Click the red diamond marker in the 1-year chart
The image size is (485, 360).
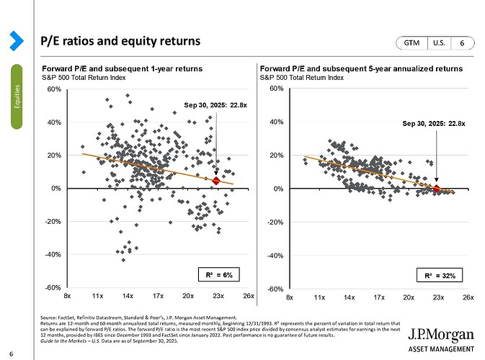coord(216,181)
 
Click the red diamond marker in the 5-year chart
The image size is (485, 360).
coord(435,189)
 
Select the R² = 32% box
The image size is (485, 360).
coord(438,275)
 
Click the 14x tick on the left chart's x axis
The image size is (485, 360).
coord(128,296)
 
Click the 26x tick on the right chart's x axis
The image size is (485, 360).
coord(468,296)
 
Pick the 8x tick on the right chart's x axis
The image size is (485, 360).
coord(289,296)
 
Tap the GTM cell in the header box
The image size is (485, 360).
coord(412,43)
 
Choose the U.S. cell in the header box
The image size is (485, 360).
coord(439,43)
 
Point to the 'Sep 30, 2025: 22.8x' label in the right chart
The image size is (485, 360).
coord(433,124)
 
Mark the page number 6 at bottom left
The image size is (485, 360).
coord(12,352)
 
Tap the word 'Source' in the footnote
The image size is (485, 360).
coord(50,317)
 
